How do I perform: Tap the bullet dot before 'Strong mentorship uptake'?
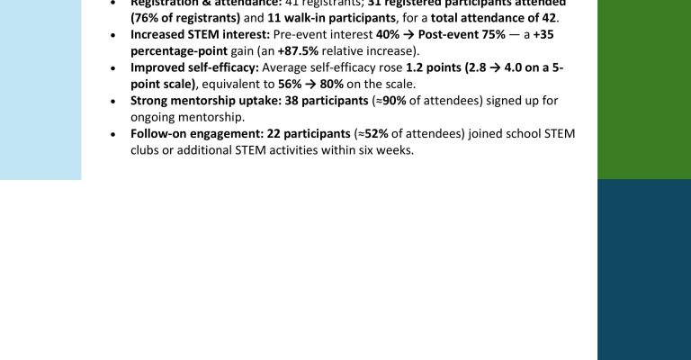pos(112,100)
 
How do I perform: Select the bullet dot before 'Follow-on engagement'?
pos(112,133)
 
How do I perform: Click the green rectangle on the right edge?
pos(643,89)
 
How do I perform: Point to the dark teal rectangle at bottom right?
pos(643,269)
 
